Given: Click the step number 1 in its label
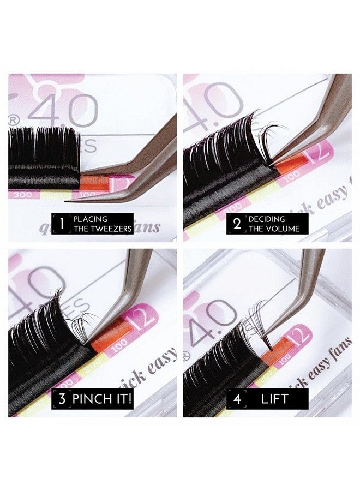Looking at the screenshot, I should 62,223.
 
